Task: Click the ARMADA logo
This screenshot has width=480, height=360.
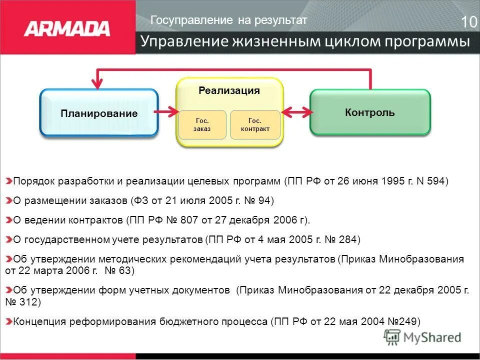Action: point(67,27)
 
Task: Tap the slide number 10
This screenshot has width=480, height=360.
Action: point(468,22)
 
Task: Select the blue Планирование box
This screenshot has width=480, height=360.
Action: point(99,113)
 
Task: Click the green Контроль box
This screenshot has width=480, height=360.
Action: point(370,112)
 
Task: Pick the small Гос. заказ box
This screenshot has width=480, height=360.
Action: point(202,124)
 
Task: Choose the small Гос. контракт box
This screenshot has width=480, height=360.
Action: point(255,124)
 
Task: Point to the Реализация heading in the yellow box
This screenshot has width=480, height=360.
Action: point(229,90)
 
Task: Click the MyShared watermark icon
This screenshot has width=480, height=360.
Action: point(392,337)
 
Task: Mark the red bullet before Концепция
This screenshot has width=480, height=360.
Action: point(9,321)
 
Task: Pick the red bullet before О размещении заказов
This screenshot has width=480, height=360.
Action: point(9,200)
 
